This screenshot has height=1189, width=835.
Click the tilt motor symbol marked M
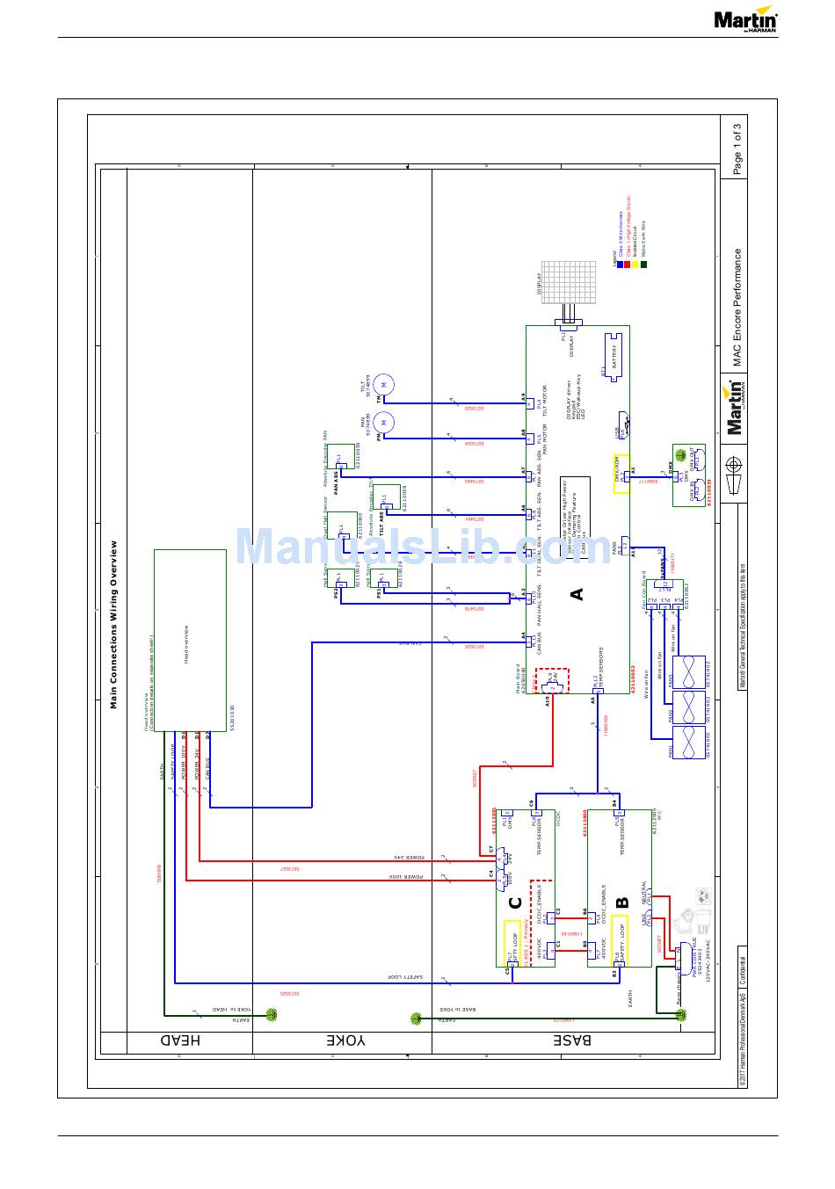(384, 385)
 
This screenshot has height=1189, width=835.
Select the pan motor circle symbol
(384, 423)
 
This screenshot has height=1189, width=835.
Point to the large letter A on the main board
(577, 594)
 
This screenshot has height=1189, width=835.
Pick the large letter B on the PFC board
(622, 902)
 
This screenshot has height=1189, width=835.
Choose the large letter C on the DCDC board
(516, 903)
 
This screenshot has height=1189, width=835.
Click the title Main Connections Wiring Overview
(113, 624)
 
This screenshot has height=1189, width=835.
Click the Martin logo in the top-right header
(745, 20)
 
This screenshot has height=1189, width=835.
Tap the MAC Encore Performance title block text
(737, 307)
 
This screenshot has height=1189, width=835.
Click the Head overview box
(189, 633)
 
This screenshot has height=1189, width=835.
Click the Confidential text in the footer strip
(742, 975)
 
